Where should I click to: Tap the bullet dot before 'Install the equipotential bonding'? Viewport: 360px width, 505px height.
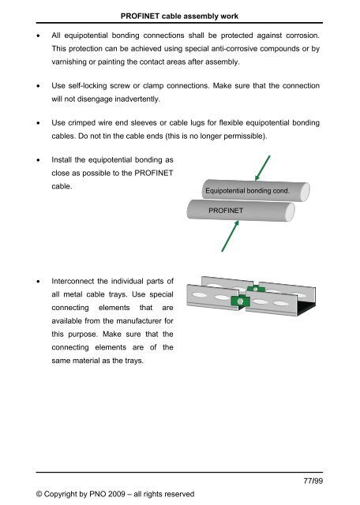point(31,160)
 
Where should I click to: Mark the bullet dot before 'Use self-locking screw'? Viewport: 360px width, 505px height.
point(31,85)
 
